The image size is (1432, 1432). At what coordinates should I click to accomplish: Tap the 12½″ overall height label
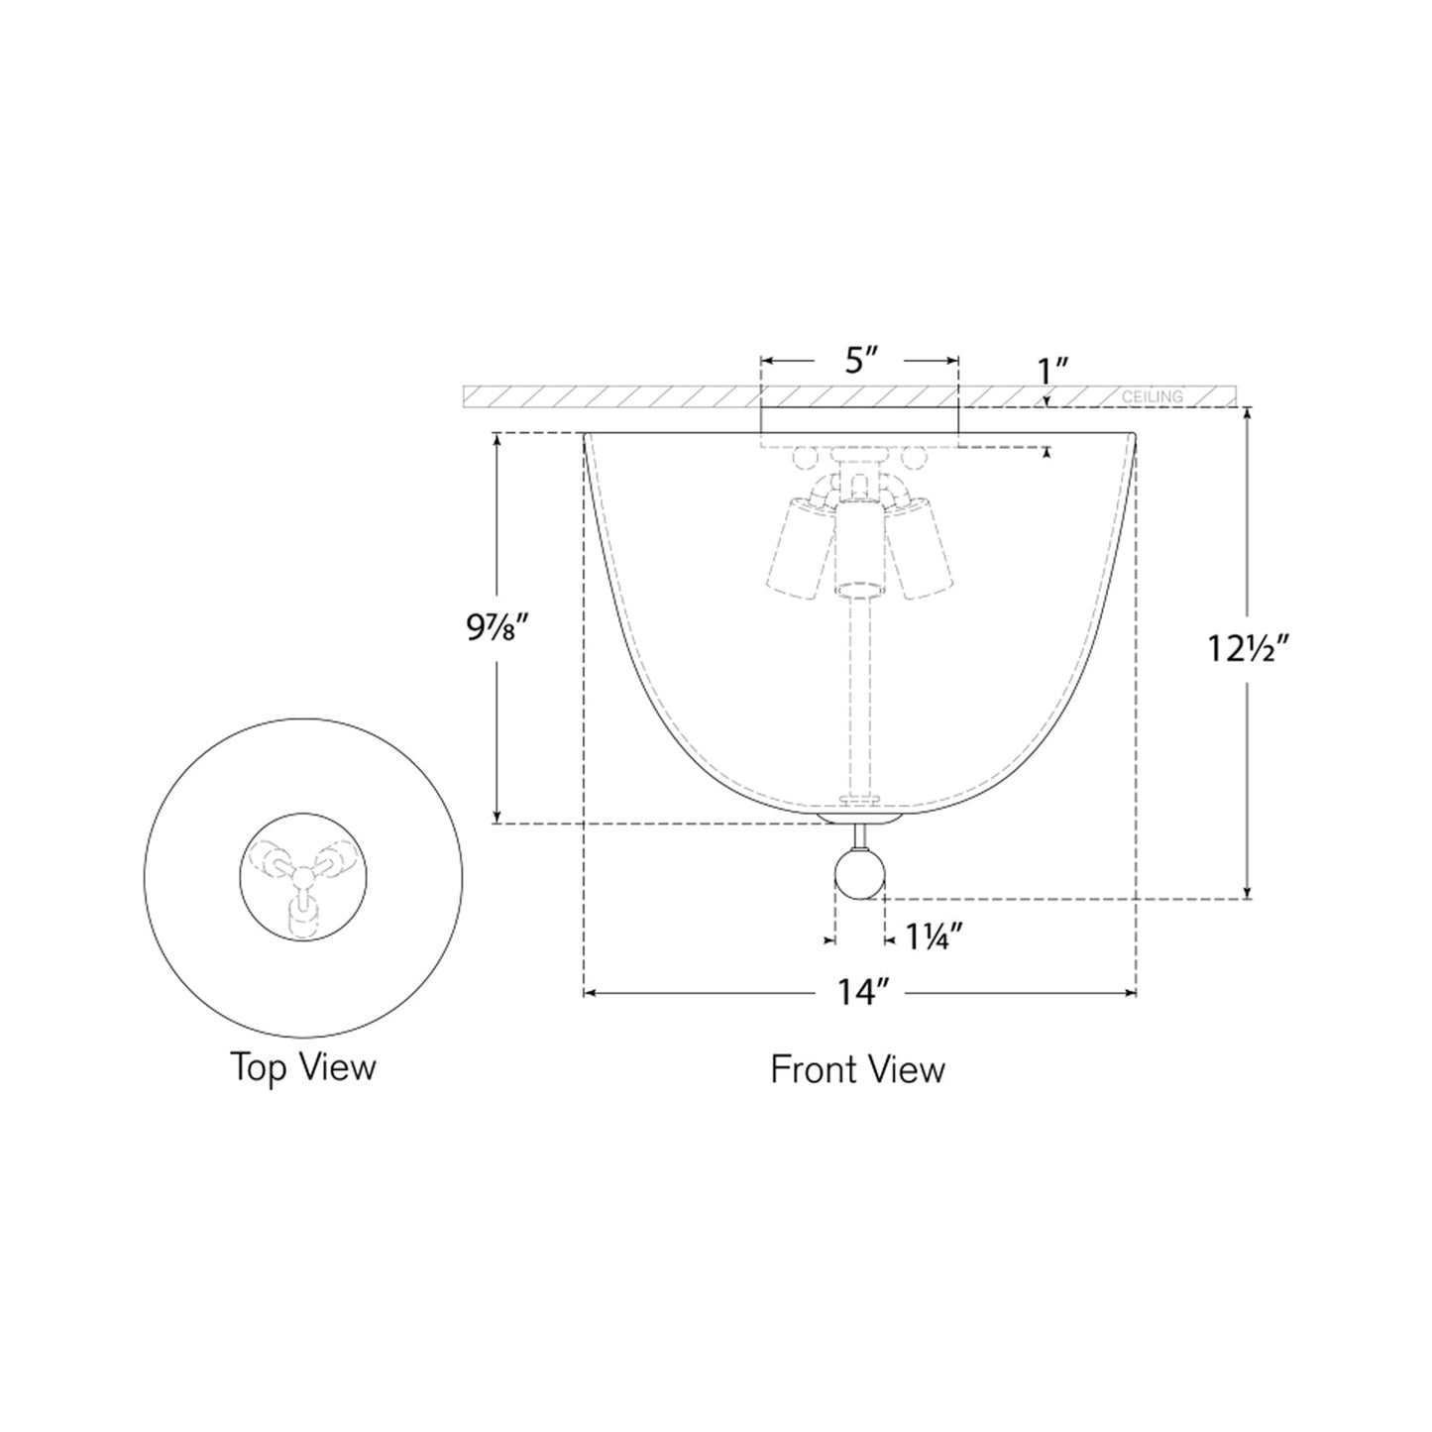pyautogui.click(x=1247, y=649)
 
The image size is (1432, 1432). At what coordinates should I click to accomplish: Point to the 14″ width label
pyautogui.click(x=858, y=992)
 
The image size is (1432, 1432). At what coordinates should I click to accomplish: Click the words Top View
pyautogui.click(x=303, y=1067)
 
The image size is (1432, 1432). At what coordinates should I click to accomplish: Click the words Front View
pyautogui.click(x=857, y=1069)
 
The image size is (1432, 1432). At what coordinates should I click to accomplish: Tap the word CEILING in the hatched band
pyautogui.click(x=1153, y=397)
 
